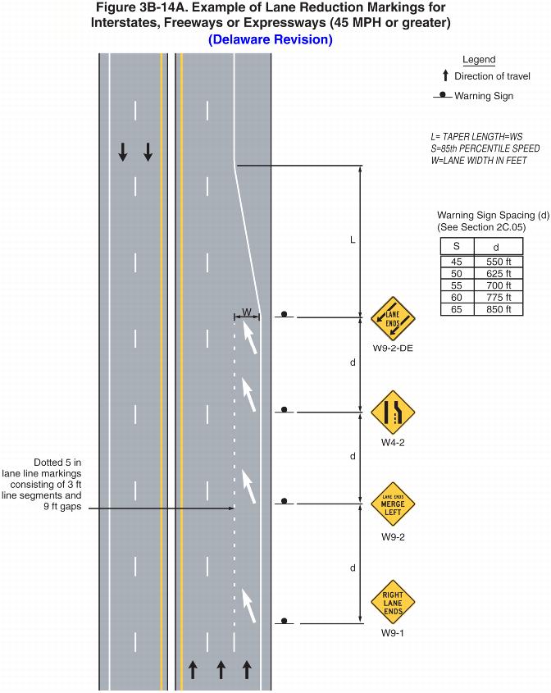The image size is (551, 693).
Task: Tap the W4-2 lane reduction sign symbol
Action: (x=393, y=412)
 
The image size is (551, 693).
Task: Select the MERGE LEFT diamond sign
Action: (x=393, y=504)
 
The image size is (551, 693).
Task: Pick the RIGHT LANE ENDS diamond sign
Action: (x=393, y=602)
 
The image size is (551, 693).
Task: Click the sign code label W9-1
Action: (x=393, y=634)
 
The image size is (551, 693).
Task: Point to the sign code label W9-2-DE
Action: (x=393, y=349)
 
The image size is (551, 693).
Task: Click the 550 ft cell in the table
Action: (x=497, y=262)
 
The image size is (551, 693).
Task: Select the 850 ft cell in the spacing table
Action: (x=497, y=309)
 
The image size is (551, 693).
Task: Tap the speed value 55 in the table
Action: (x=457, y=285)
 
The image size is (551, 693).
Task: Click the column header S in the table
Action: (x=457, y=246)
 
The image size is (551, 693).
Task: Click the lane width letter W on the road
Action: (x=247, y=312)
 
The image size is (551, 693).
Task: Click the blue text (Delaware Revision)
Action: (x=271, y=39)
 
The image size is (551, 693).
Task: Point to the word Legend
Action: (x=479, y=60)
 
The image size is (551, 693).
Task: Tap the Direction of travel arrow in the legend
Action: (x=445, y=76)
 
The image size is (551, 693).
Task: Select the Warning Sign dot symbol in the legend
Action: (x=442, y=96)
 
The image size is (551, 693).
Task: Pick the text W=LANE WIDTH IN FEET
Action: (x=478, y=161)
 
